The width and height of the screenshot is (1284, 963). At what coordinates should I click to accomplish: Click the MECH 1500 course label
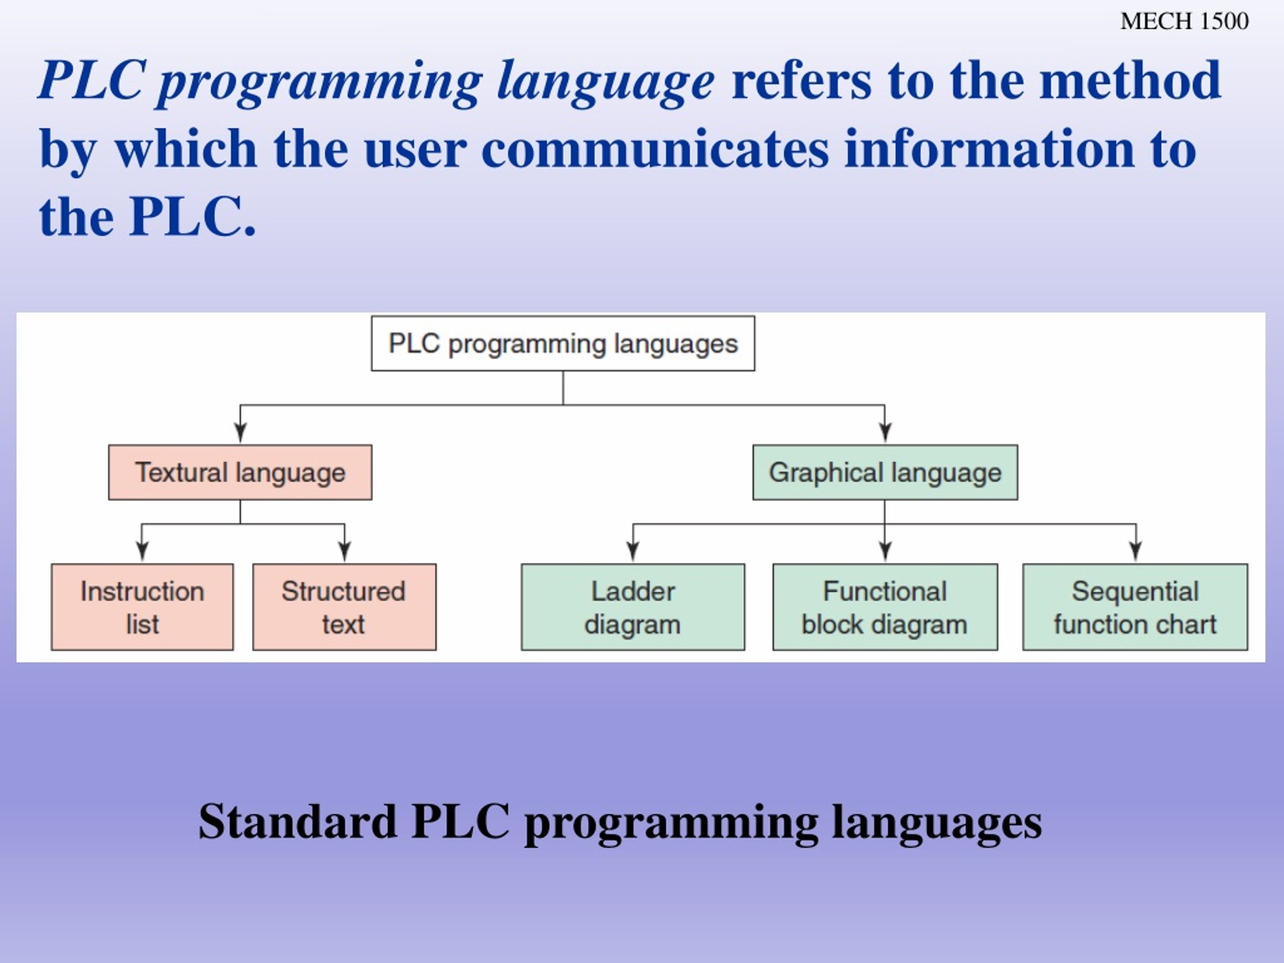pos(1184,22)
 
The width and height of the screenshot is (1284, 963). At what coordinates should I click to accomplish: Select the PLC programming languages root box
pos(563,344)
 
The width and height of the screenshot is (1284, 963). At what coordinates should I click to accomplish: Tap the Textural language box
pos(240,472)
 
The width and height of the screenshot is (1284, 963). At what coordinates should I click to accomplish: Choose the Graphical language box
pos(885,472)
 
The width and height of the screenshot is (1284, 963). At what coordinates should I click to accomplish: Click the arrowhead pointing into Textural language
pos(240,433)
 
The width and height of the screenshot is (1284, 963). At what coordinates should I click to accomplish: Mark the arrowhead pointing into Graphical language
pos(885,433)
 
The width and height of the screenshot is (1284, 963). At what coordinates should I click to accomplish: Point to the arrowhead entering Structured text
pos(344,551)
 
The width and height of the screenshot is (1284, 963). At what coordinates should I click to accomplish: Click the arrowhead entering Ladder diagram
pos(633,551)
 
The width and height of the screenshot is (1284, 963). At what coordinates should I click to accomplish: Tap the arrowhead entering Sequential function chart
pos(1136,551)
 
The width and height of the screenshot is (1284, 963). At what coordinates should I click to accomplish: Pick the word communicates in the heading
pos(655,149)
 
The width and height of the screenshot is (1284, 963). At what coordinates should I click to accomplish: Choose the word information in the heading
pos(989,149)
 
